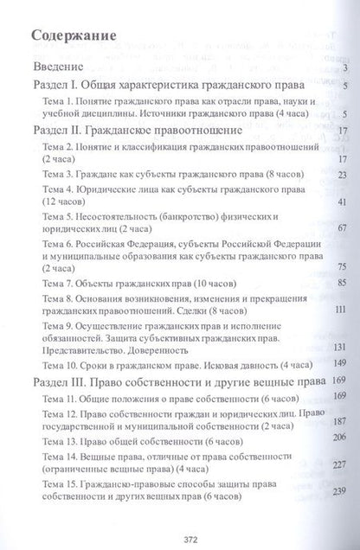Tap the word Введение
pos(55,69)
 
